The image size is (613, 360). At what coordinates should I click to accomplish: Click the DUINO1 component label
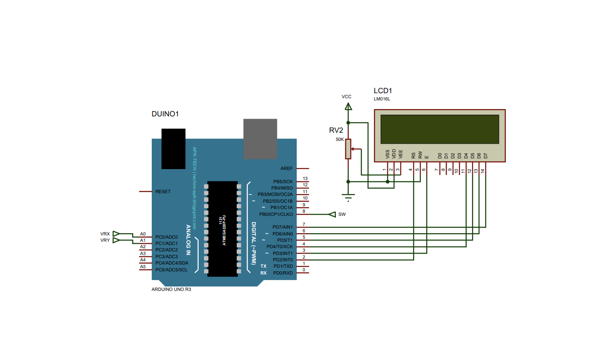(x=165, y=114)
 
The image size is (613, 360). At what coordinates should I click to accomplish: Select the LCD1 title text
(x=383, y=90)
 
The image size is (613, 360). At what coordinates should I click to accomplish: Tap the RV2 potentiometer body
(x=348, y=149)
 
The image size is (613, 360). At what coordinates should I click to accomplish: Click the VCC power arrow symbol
(x=348, y=106)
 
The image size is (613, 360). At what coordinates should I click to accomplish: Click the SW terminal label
(x=342, y=215)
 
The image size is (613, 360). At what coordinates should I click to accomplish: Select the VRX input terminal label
(x=105, y=234)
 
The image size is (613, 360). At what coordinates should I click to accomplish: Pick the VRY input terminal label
(x=105, y=240)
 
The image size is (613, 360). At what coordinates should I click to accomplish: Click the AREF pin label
(x=287, y=168)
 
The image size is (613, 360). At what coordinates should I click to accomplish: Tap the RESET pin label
(x=163, y=192)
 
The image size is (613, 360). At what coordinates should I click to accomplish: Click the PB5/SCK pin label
(x=283, y=181)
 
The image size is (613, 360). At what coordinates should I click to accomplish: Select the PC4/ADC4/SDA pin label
(x=172, y=263)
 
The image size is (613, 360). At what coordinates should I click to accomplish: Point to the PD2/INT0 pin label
(x=283, y=260)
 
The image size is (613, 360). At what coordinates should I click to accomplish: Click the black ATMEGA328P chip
(x=223, y=229)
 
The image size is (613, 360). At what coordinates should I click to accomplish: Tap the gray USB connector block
(x=260, y=139)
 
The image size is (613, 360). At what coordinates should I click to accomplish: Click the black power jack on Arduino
(x=174, y=149)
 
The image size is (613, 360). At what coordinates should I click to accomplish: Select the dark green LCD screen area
(x=440, y=129)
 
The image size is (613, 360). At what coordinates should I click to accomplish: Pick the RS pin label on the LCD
(x=413, y=155)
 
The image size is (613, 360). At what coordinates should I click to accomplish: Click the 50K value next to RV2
(x=339, y=140)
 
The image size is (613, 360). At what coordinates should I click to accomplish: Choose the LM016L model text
(x=382, y=99)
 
